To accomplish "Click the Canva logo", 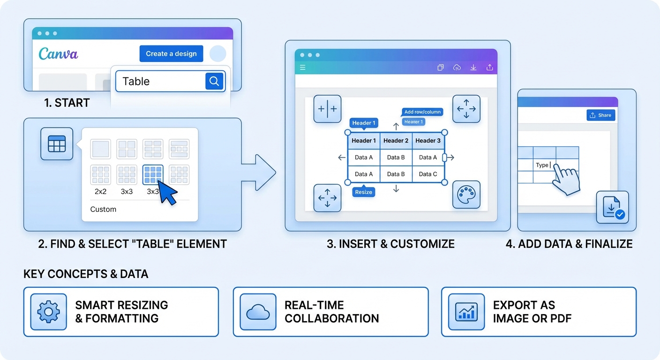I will [58, 53].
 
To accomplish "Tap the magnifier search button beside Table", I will [214, 81].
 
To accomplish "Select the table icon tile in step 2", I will [57, 143].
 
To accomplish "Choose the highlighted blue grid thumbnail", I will [153, 175].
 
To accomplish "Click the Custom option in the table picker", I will [103, 209].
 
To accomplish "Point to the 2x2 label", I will [100, 192].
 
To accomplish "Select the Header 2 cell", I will [396, 141].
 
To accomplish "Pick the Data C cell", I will [428, 174].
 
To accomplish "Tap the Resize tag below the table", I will [363, 192].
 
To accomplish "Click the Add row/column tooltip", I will [422, 112].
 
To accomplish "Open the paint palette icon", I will [466, 195].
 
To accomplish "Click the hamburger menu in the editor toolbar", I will [303, 67].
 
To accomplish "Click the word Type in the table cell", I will [542, 165].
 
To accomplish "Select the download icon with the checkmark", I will [612, 207].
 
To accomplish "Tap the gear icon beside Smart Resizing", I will [49, 312].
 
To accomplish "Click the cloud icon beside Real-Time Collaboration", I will [258, 312].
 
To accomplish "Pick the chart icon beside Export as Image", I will [466, 312].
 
